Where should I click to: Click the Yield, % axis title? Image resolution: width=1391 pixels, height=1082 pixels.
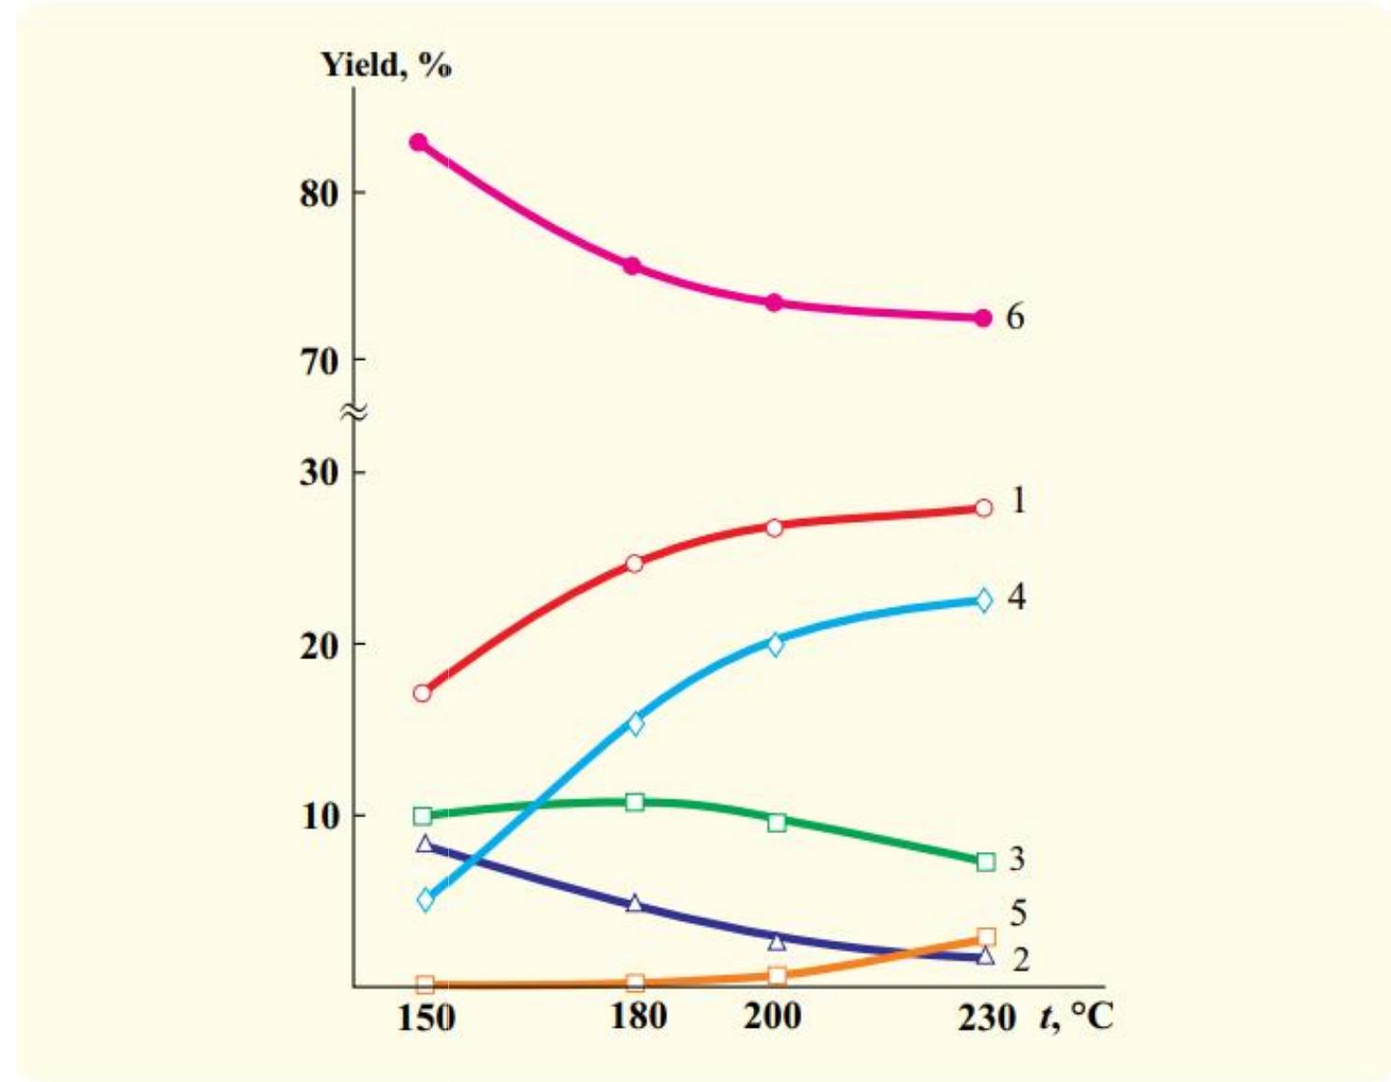tap(386, 65)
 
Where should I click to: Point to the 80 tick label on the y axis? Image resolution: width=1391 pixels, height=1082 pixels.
tap(319, 194)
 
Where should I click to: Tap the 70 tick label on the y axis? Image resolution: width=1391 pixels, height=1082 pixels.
tap(319, 361)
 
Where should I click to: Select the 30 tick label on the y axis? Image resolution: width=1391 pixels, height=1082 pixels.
tap(319, 472)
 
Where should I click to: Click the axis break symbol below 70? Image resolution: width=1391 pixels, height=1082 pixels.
tap(354, 411)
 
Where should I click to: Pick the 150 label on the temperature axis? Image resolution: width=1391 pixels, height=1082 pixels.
tap(426, 1017)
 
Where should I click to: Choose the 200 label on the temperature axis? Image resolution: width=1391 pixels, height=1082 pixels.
tap(773, 1016)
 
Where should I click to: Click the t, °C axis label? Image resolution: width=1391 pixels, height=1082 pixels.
tap(1076, 1016)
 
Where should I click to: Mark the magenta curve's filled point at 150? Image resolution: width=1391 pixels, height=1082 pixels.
tap(418, 143)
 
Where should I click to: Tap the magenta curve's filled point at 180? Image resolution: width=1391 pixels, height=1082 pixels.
tap(632, 267)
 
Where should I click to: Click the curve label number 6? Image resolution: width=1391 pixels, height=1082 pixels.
tap(1015, 317)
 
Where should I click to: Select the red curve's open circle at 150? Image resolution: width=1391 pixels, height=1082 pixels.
tap(422, 693)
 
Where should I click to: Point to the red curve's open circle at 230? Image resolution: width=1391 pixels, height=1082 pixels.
tap(983, 508)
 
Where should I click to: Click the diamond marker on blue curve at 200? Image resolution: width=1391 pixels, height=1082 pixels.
tap(775, 644)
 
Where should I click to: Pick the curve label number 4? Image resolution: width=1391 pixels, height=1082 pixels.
tap(1017, 597)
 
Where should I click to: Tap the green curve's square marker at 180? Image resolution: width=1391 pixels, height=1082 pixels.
tap(634, 801)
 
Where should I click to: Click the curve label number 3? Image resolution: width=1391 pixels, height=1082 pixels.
tap(1017, 858)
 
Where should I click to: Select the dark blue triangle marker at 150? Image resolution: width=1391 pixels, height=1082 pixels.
tap(425, 844)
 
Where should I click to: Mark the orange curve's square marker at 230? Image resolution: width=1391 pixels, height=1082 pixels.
tap(986, 937)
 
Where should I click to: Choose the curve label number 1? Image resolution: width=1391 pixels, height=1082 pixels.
tap(1018, 501)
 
